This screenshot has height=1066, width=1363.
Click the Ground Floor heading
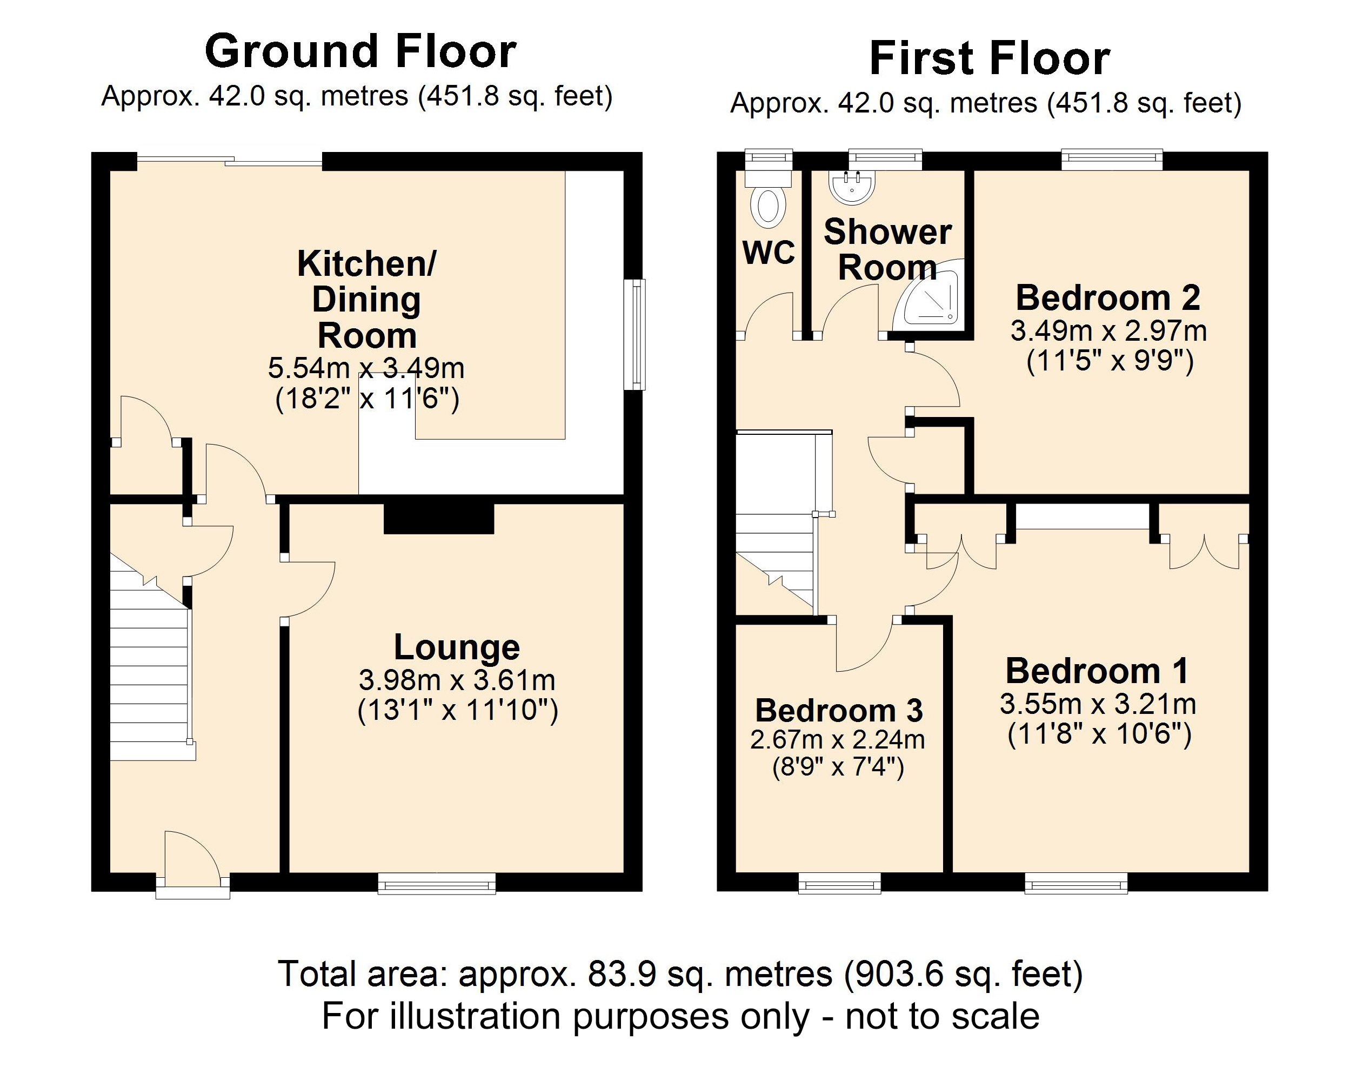(x=360, y=52)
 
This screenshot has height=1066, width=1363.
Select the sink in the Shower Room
(x=851, y=186)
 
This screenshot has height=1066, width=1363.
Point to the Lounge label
(x=456, y=647)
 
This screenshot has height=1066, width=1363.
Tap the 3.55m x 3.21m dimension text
(x=1098, y=704)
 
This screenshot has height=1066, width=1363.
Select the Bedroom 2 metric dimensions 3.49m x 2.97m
(x=1108, y=331)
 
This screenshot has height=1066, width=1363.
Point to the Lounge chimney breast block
(x=438, y=517)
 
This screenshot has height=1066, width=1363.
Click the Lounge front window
(x=437, y=884)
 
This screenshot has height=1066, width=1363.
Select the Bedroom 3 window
(x=839, y=884)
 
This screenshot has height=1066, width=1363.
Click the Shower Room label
(x=887, y=250)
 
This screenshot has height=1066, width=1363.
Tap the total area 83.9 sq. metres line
(x=680, y=974)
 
